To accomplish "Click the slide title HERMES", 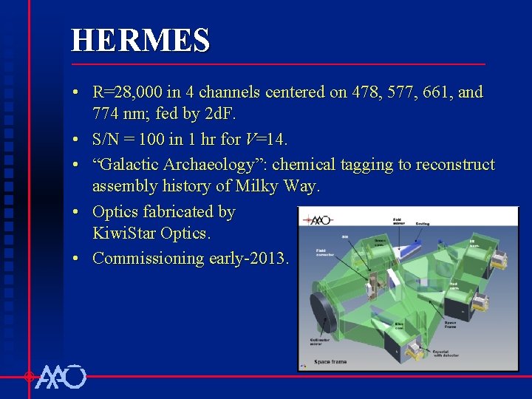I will (140, 41).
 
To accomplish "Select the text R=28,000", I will (125, 92).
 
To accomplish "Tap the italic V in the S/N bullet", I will (250, 139).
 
